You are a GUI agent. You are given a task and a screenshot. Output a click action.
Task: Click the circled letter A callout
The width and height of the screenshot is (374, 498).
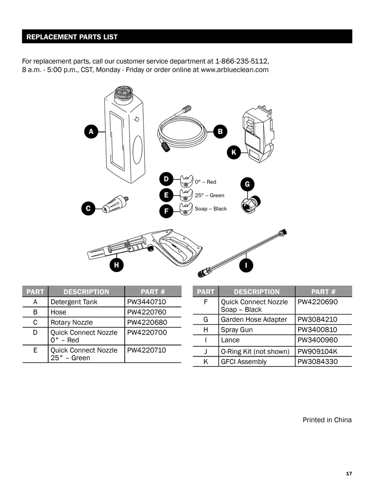point(91,132)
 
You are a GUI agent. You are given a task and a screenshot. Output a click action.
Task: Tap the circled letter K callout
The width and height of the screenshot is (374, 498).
point(234,153)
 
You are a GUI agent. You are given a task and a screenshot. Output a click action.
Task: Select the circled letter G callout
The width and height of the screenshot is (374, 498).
point(247,184)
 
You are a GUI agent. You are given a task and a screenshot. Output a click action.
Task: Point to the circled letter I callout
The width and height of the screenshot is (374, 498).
point(246,265)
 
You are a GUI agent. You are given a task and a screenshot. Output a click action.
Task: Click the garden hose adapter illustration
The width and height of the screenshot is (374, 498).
point(251,202)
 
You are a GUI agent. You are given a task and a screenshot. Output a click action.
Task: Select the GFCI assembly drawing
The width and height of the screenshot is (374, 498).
point(257,133)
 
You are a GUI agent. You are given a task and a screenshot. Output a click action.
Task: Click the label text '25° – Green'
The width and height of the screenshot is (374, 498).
point(210,195)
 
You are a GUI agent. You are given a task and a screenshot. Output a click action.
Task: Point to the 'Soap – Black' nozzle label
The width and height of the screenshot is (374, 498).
point(211,209)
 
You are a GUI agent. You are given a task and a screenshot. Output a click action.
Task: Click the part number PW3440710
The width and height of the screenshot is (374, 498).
point(147,302)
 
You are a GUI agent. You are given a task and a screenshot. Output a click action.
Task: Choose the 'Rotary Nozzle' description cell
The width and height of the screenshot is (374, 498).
point(71,322)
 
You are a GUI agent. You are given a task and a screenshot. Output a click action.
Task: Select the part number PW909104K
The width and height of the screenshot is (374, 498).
point(317,352)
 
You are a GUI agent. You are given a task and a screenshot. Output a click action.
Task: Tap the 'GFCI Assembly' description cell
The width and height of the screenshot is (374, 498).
point(244,362)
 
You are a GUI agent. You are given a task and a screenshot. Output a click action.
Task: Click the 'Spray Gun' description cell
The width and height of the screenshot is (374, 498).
point(237,330)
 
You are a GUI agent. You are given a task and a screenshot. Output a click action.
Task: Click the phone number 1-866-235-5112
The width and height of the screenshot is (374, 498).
point(242,61)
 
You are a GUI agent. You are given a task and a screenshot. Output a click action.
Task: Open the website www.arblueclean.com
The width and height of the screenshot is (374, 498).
point(234,70)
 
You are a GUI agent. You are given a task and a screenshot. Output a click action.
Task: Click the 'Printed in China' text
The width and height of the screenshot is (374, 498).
point(327,420)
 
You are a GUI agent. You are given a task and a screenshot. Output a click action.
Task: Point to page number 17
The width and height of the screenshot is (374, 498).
point(349,474)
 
